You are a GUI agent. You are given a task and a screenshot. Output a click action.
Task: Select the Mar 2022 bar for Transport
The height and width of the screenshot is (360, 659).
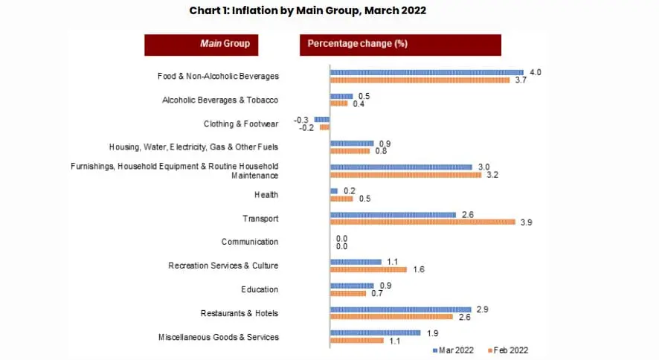point(393,214)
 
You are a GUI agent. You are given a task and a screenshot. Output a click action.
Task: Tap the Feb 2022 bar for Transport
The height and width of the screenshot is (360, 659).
point(422,222)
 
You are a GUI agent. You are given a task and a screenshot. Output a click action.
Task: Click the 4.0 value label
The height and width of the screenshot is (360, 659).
point(536,72)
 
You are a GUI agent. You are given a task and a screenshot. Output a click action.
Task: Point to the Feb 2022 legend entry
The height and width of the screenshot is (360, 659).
point(508,350)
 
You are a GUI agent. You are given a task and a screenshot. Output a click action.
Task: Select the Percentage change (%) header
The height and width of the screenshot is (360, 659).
point(400,44)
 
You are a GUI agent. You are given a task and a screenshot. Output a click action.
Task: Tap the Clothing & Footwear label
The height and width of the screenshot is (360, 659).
point(241,123)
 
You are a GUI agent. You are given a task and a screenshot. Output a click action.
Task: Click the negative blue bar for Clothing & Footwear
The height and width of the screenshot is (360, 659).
point(322,119)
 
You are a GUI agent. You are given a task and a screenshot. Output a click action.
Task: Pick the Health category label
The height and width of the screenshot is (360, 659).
point(266,195)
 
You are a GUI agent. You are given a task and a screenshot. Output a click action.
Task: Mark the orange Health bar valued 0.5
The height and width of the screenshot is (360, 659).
point(341,199)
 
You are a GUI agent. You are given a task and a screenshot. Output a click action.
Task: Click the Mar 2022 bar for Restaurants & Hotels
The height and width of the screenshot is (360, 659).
point(400,309)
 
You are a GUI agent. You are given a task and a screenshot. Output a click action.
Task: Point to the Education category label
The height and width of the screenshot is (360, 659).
point(260,290)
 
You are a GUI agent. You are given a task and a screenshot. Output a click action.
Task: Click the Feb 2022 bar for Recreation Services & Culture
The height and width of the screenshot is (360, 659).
point(368,269)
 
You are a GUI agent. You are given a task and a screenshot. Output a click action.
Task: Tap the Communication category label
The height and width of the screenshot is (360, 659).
point(250,242)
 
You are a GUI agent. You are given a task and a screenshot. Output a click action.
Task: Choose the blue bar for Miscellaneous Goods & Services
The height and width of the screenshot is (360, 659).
point(375,333)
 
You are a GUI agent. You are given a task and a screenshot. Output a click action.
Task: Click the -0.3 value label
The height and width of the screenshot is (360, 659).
point(301,119)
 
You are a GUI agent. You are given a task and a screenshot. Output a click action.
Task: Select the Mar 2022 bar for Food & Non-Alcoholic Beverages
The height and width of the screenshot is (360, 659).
point(426,72)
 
